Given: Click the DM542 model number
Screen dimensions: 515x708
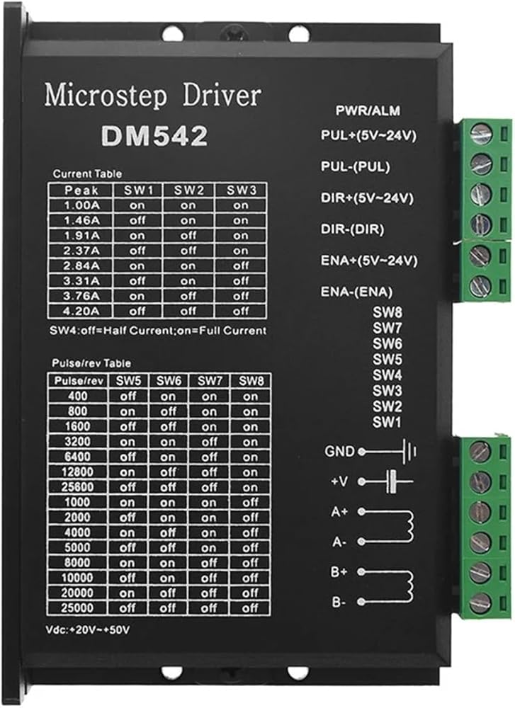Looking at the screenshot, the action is point(154,135).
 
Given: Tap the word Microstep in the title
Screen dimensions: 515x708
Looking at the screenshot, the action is point(106,95).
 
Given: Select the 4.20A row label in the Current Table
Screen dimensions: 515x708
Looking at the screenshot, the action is point(81,311).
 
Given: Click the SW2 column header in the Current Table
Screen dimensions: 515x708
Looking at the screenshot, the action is point(189,190).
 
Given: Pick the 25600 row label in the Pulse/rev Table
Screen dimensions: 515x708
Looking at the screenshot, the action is point(77,487).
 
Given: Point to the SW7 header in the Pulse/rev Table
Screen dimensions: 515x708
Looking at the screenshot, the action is point(210,381).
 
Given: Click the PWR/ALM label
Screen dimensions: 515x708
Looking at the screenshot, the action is point(368,110).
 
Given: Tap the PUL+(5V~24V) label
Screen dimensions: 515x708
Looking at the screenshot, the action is point(368,135).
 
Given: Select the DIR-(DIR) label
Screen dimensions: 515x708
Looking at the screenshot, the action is point(352,229).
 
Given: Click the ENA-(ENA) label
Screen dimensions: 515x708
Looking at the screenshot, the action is point(356,292).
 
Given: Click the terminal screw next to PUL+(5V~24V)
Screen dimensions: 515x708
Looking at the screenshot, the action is point(481,134).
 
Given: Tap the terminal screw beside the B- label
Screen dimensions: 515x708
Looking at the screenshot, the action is point(480,602).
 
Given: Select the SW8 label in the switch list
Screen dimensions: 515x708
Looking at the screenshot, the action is point(387,312).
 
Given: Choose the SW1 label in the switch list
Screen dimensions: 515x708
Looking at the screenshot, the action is point(387,423).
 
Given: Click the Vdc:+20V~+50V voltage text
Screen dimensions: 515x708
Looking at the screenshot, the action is point(88,629).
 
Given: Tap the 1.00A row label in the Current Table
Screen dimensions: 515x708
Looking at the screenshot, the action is point(81,205).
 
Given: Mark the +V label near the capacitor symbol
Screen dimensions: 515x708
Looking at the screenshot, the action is point(340,481).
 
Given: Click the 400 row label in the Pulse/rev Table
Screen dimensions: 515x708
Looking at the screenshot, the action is point(78,396).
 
